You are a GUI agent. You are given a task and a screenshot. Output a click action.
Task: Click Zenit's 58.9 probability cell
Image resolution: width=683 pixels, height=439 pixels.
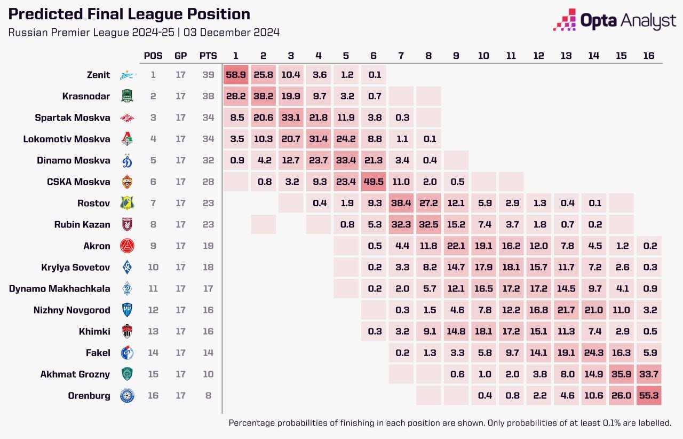(x=236, y=75)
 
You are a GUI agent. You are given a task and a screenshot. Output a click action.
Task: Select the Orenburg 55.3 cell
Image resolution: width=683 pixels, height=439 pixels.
(x=649, y=396)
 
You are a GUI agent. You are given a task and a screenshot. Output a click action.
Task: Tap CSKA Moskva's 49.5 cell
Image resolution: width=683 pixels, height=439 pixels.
(x=373, y=182)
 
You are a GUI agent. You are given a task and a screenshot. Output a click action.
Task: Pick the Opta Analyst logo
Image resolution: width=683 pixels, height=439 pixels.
(x=615, y=20)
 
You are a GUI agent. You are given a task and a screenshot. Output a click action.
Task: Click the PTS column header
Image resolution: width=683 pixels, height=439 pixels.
(x=208, y=56)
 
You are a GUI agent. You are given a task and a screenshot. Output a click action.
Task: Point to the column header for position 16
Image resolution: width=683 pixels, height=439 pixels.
(x=649, y=56)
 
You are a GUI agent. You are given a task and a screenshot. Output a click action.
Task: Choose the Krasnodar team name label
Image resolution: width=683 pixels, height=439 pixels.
(x=85, y=97)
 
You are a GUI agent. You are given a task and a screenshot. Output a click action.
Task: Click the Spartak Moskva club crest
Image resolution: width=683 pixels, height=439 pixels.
(x=127, y=118)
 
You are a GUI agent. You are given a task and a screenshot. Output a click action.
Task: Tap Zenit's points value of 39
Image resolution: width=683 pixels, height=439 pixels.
(x=208, y=75)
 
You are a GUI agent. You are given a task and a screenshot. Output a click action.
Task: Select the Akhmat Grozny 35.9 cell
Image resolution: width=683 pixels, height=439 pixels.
(x=621, y=374)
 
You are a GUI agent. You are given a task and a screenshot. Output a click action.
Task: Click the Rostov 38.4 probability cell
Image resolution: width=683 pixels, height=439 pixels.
(x=401, y=203)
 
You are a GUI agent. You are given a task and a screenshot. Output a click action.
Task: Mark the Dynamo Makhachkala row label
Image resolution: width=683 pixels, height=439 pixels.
(x=60, y=289)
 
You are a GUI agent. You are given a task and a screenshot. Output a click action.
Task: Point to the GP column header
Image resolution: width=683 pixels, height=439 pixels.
(x=181, y=56)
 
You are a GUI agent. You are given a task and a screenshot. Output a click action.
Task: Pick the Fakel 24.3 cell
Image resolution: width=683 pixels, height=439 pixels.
(x=594, y=353)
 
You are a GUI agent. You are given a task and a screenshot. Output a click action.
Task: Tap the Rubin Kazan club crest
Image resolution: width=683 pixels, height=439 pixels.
(x=127, y=225)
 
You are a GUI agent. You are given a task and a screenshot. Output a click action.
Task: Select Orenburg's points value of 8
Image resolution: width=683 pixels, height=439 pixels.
(x=208, y=396)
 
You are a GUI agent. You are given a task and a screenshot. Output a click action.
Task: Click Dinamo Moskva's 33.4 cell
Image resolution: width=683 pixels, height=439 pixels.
(x=346, y=161)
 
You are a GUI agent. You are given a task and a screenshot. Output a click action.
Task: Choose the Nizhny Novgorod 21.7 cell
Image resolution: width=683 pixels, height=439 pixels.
(x=566, y=310)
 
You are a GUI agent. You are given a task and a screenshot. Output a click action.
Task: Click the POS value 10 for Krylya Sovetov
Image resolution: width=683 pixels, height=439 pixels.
(x=153, y=268)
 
